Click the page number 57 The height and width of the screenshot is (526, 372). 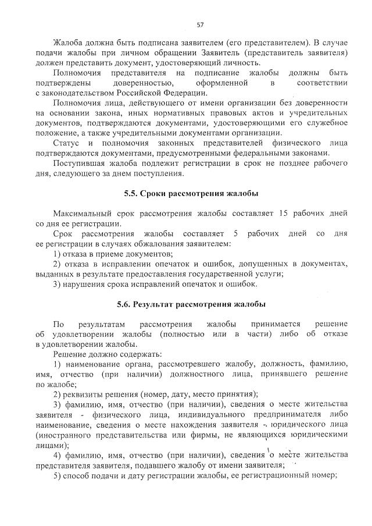pos(201,24)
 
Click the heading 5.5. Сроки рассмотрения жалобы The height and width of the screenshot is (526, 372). pos(191,193)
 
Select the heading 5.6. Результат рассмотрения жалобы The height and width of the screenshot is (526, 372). pos(191,304)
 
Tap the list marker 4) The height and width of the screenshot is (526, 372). pos(58,454)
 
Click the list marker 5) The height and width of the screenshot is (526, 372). pos(58,475)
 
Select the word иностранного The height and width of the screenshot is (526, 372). pos(64,434)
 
